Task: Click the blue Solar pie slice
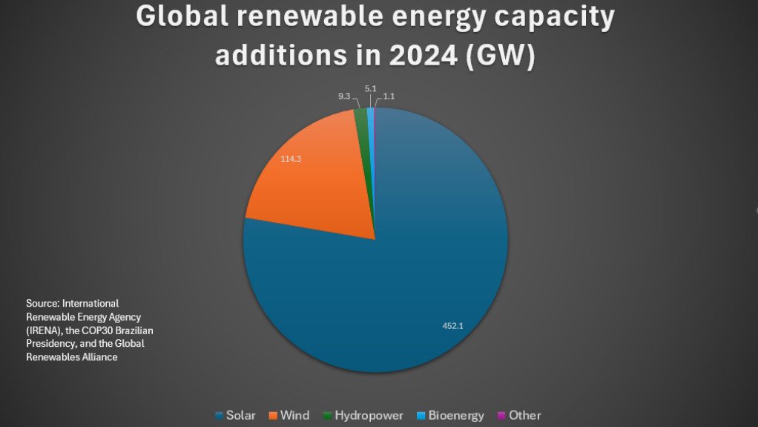[x=415, y=282]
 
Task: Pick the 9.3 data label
[x=344, y=97]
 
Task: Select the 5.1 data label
[x=371, y=88]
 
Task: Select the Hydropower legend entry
[x=367, y=415]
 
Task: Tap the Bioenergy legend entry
[x=455, y=415]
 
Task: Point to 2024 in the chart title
[x=414, y=56]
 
